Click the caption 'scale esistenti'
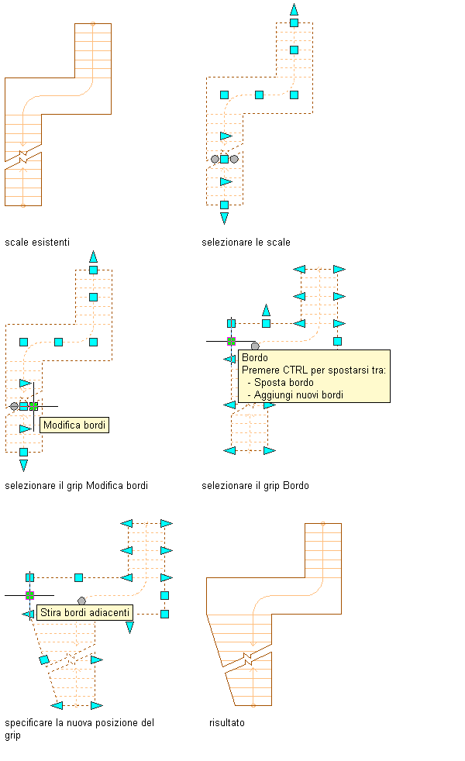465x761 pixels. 37,243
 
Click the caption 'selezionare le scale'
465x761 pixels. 246,243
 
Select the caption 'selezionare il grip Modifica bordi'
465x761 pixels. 76,486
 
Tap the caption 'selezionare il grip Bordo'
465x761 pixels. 255,486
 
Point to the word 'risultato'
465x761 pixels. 227,722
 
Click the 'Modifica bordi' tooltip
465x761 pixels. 75,425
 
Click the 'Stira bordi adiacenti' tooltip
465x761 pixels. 84,612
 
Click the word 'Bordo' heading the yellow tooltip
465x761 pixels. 255,358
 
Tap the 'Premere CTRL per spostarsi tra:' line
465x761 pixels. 314,370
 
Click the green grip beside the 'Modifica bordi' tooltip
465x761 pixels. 33,406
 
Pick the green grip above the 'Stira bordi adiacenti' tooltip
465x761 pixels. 29,595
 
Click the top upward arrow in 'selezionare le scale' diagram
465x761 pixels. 294,9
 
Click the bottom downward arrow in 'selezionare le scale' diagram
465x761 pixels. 224,219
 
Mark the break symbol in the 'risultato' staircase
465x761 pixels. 248,659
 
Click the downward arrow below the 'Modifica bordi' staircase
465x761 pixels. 23,465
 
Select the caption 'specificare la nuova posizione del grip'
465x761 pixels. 79,728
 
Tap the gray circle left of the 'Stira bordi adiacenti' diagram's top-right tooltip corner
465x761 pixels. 81,601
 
